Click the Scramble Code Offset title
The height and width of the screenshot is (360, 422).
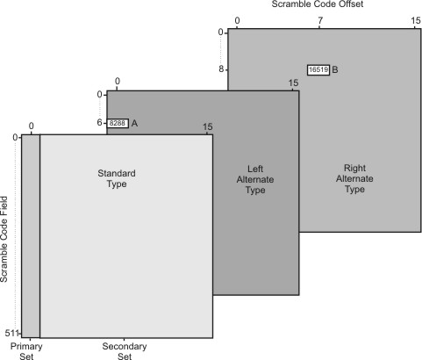point(318,4)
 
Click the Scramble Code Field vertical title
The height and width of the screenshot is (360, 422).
point(4,239)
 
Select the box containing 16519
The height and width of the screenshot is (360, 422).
point(318,70)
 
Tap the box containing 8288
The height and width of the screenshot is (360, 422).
point(118,123)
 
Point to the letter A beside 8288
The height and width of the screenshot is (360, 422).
point(134,123)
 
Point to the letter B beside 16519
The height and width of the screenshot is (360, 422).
point(335,69)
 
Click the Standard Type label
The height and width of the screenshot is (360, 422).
point(117,178)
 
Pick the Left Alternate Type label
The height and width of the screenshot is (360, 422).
point(255,179)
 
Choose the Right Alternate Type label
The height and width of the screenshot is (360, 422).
point(354,178)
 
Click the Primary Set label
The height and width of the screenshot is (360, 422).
point(26,351)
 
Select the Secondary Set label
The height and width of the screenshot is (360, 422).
point(125,351)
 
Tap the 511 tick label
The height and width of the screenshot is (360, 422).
point(11,333)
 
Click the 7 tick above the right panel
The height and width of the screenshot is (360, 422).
point(320,20)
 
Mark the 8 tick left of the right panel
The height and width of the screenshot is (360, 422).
point(221,69)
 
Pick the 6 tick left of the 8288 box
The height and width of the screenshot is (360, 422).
point(100,123)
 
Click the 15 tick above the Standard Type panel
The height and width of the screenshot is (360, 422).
point(207,127)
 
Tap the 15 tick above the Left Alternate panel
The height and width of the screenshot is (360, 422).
point(293,83)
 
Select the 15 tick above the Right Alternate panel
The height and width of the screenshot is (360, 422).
point(415,20)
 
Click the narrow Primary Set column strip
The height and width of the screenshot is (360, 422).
point(31,236)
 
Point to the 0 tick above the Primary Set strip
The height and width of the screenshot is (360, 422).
point(32,126)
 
